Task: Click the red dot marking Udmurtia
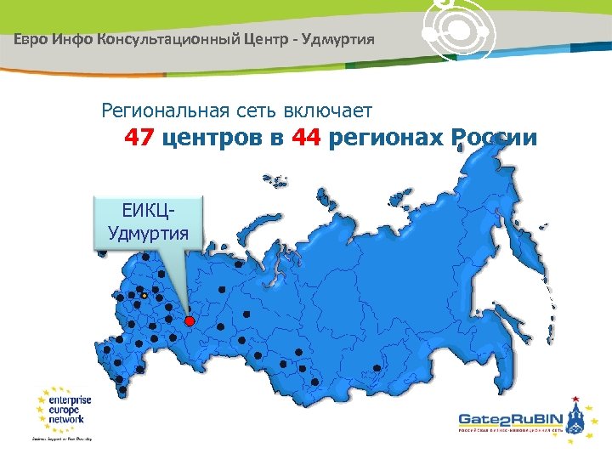(x=190, y=321)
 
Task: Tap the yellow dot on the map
(x=144, y=295)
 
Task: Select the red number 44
(x=304, y=138)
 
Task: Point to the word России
(x=495, y=138)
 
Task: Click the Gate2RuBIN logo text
(x=507, y=419)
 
